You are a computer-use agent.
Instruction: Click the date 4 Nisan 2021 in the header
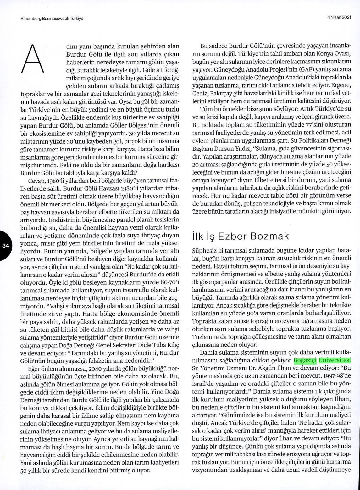[x=339, y=18]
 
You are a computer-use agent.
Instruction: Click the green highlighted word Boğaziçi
[x=305, y=360]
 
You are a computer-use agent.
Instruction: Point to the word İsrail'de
[x=203, y=384]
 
